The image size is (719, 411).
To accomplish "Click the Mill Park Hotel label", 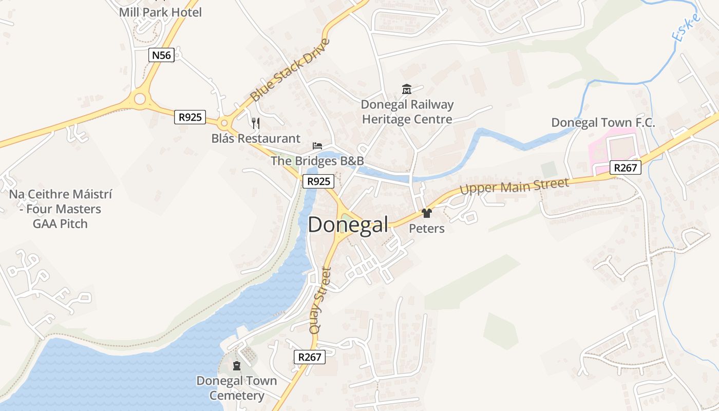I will click(160, 12).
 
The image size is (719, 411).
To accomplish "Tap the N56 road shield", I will click(161, 55).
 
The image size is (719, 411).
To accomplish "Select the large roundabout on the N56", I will click(139, 99).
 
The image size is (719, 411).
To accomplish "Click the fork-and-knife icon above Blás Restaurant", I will click(256, 123).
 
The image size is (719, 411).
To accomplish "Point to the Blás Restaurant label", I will click(256, 138).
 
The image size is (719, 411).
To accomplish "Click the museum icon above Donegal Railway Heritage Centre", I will click(407, 89).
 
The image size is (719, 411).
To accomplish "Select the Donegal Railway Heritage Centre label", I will click(407, 112).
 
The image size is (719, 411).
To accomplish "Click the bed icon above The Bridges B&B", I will click(317, 146).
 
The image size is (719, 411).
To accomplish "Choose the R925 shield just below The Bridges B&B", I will click(318, 181).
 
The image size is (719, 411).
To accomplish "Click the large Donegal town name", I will click(348, 225).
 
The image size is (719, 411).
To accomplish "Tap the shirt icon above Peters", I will click(426, 213).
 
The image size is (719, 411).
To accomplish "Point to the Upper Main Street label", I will click(514, 186).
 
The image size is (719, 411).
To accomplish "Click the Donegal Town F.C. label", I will click(603, 123).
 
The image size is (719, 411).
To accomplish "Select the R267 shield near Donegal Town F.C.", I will click(626, 167).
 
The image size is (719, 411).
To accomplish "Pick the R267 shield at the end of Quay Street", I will click(310, 357).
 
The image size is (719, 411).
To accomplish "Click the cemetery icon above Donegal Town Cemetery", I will click(237, 366).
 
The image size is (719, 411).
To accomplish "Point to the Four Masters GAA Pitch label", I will click(61, 209).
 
